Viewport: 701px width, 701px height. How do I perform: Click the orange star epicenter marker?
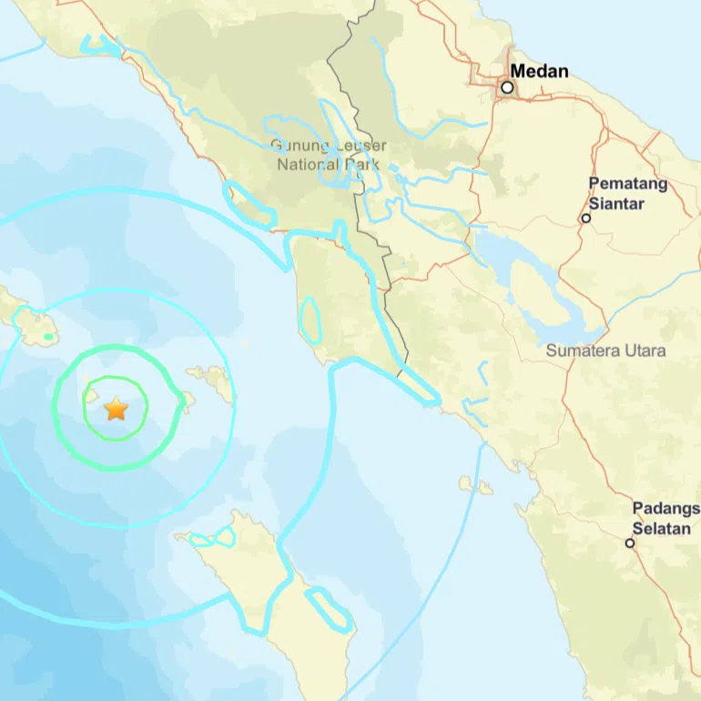click(x=116, y=409)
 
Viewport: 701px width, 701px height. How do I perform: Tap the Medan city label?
click(x=539, y=71)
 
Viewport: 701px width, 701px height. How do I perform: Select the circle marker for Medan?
click(x=507, y=88)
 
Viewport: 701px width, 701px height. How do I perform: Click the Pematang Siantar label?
click(x=628, y=193)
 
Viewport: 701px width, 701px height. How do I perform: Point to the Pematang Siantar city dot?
click(x=586, y=218)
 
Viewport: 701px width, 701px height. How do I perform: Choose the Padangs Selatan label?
click(x=665, y=519)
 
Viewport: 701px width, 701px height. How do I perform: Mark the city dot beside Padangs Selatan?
click(x=629, y=544)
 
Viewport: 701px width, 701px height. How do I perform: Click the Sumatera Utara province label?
click(x=605, y=350)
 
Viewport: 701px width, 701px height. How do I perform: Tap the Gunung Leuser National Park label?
click(x=329, y=156)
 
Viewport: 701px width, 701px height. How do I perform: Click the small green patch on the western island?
click(x=49, y=338)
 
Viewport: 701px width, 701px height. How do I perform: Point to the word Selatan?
click(x=662, y=529)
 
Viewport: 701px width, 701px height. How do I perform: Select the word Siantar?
click(x=616, y=203)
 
